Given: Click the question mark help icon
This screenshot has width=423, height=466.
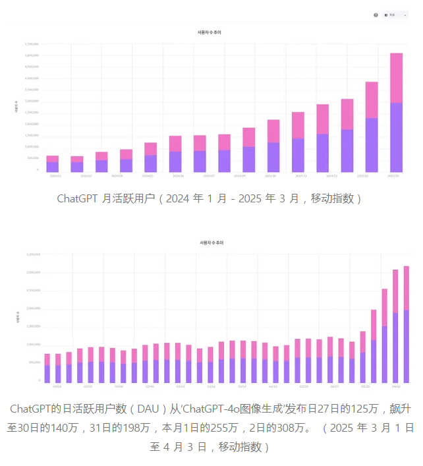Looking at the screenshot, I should pyautogui.click(x=376, y=15).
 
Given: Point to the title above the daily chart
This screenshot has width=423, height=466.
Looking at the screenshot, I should pyautogui.click(x=212, y=243).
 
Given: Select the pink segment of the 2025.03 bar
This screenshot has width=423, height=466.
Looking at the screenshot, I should pyautogui.click(x=396, y=78).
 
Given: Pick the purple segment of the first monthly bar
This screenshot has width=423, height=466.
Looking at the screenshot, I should pyautogui.click(x=52, y=167).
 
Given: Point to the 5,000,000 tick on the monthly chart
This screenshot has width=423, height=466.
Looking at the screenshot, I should pyautogui.click(x=32, y=55).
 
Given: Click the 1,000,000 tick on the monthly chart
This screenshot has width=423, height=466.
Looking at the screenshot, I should pyautogui.click(x=32, y=147).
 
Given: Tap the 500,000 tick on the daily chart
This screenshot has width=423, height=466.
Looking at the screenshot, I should pyautogui.click(x=34, y=363).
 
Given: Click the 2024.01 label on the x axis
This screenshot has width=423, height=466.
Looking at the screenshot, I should pyautogui.click(x=52, y=176).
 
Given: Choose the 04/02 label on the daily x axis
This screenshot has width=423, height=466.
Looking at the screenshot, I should pyautogui.click(x=396, y=387).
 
